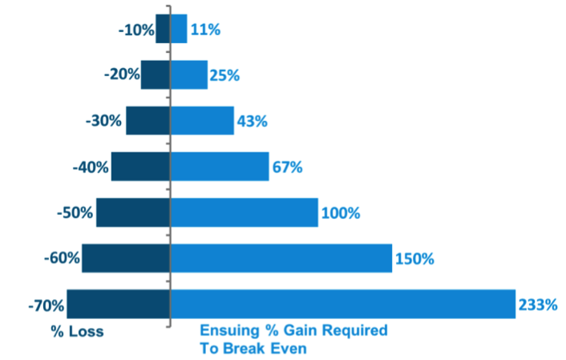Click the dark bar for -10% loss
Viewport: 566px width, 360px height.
point(163,29)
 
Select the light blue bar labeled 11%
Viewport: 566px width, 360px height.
point(179,29)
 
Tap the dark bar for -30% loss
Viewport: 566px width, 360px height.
point(148,121)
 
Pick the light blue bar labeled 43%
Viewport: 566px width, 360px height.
point(202,121)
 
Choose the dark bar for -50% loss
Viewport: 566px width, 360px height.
point(133,212)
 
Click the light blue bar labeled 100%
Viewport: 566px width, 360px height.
point(244,212)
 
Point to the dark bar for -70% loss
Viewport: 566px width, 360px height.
point(119,305)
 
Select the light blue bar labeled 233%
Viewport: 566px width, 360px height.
point(342,305)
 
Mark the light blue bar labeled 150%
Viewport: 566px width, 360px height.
point(281,258)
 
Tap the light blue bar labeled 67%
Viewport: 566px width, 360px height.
point(220,167)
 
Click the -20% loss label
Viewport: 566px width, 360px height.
point(122,75)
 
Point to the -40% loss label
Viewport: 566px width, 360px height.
point(91,168)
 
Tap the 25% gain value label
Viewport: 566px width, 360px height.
point(224,75)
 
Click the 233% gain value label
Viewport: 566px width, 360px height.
point(536,305)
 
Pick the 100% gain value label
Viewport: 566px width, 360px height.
point(341,213)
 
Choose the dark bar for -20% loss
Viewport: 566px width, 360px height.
point(156,75)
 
